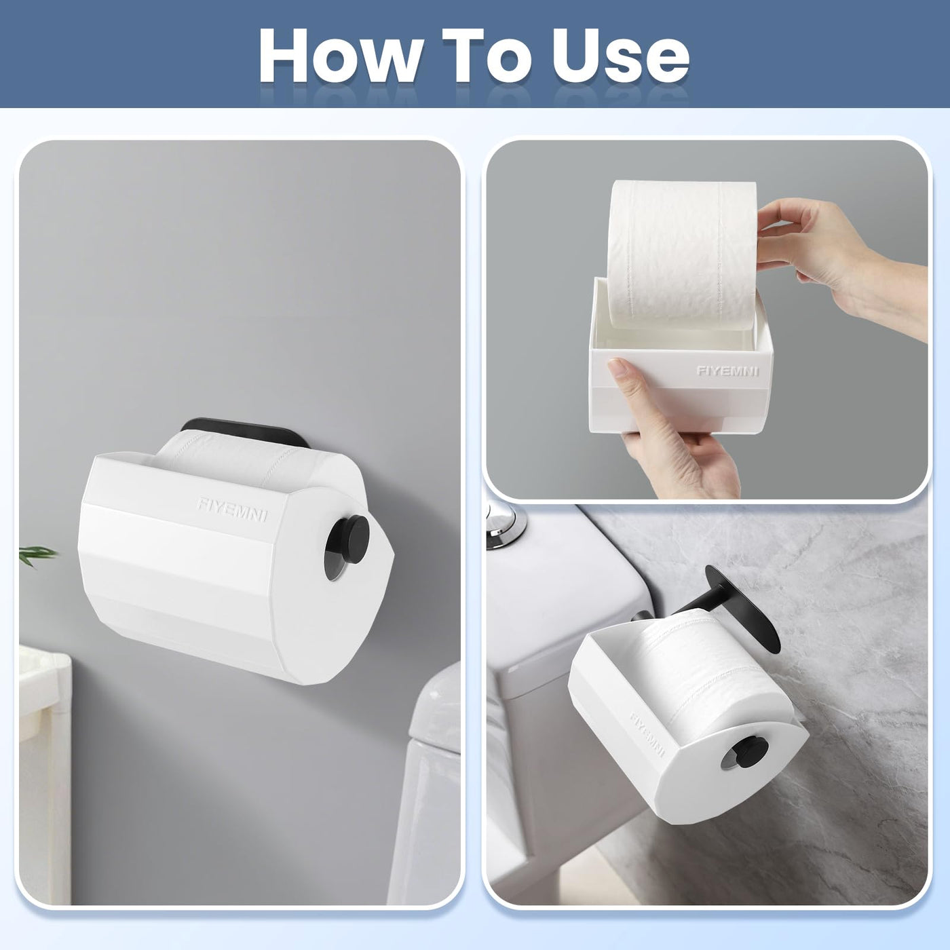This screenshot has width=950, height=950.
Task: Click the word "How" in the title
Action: pos(341,56)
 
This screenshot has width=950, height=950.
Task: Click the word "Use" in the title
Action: pos(620,56)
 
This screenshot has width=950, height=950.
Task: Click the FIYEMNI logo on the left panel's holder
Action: pos(232,509)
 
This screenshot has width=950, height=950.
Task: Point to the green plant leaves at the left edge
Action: pos(37,554)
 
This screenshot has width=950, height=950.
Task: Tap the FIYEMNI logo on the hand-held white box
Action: pos(727,370)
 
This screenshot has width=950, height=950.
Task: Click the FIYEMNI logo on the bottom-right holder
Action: pos(647,735)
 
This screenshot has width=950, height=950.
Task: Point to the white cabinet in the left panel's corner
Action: pos(44,769)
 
